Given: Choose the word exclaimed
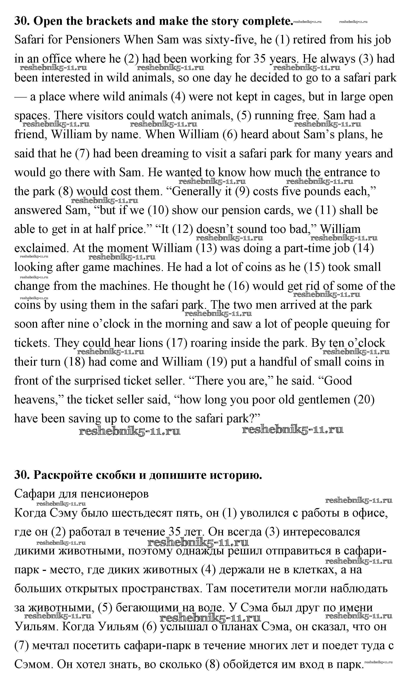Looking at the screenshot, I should point(41,248).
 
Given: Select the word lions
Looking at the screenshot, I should point(151,343).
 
